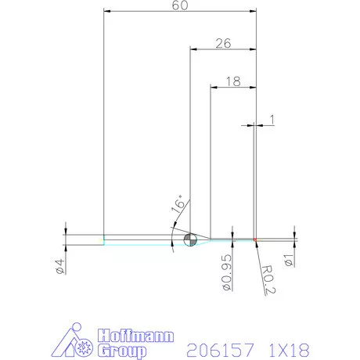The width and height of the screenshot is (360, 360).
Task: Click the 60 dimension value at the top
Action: (x=179, y=6)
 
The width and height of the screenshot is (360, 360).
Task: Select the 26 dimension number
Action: (x=222, y=44)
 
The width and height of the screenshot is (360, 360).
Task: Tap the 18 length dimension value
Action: (x=232, y=81)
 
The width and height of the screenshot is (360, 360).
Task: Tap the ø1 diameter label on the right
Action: (x=290, y=259)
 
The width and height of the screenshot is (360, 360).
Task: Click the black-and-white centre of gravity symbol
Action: (x=189, y=239)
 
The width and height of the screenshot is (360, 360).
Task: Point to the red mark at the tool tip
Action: (x=255, y=239)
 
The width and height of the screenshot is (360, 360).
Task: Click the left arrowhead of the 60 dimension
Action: (x=107, y=12)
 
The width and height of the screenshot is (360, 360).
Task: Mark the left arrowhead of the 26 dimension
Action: (x=193, y=49)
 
